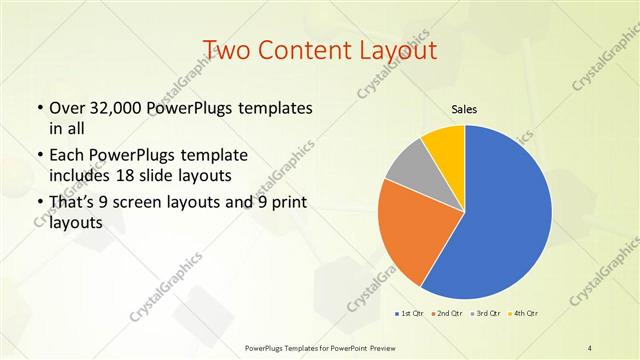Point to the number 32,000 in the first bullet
pos(124,108)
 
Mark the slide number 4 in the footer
pos(590,347)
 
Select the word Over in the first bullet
pos(67,108)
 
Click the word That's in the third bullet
pos(73,203)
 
